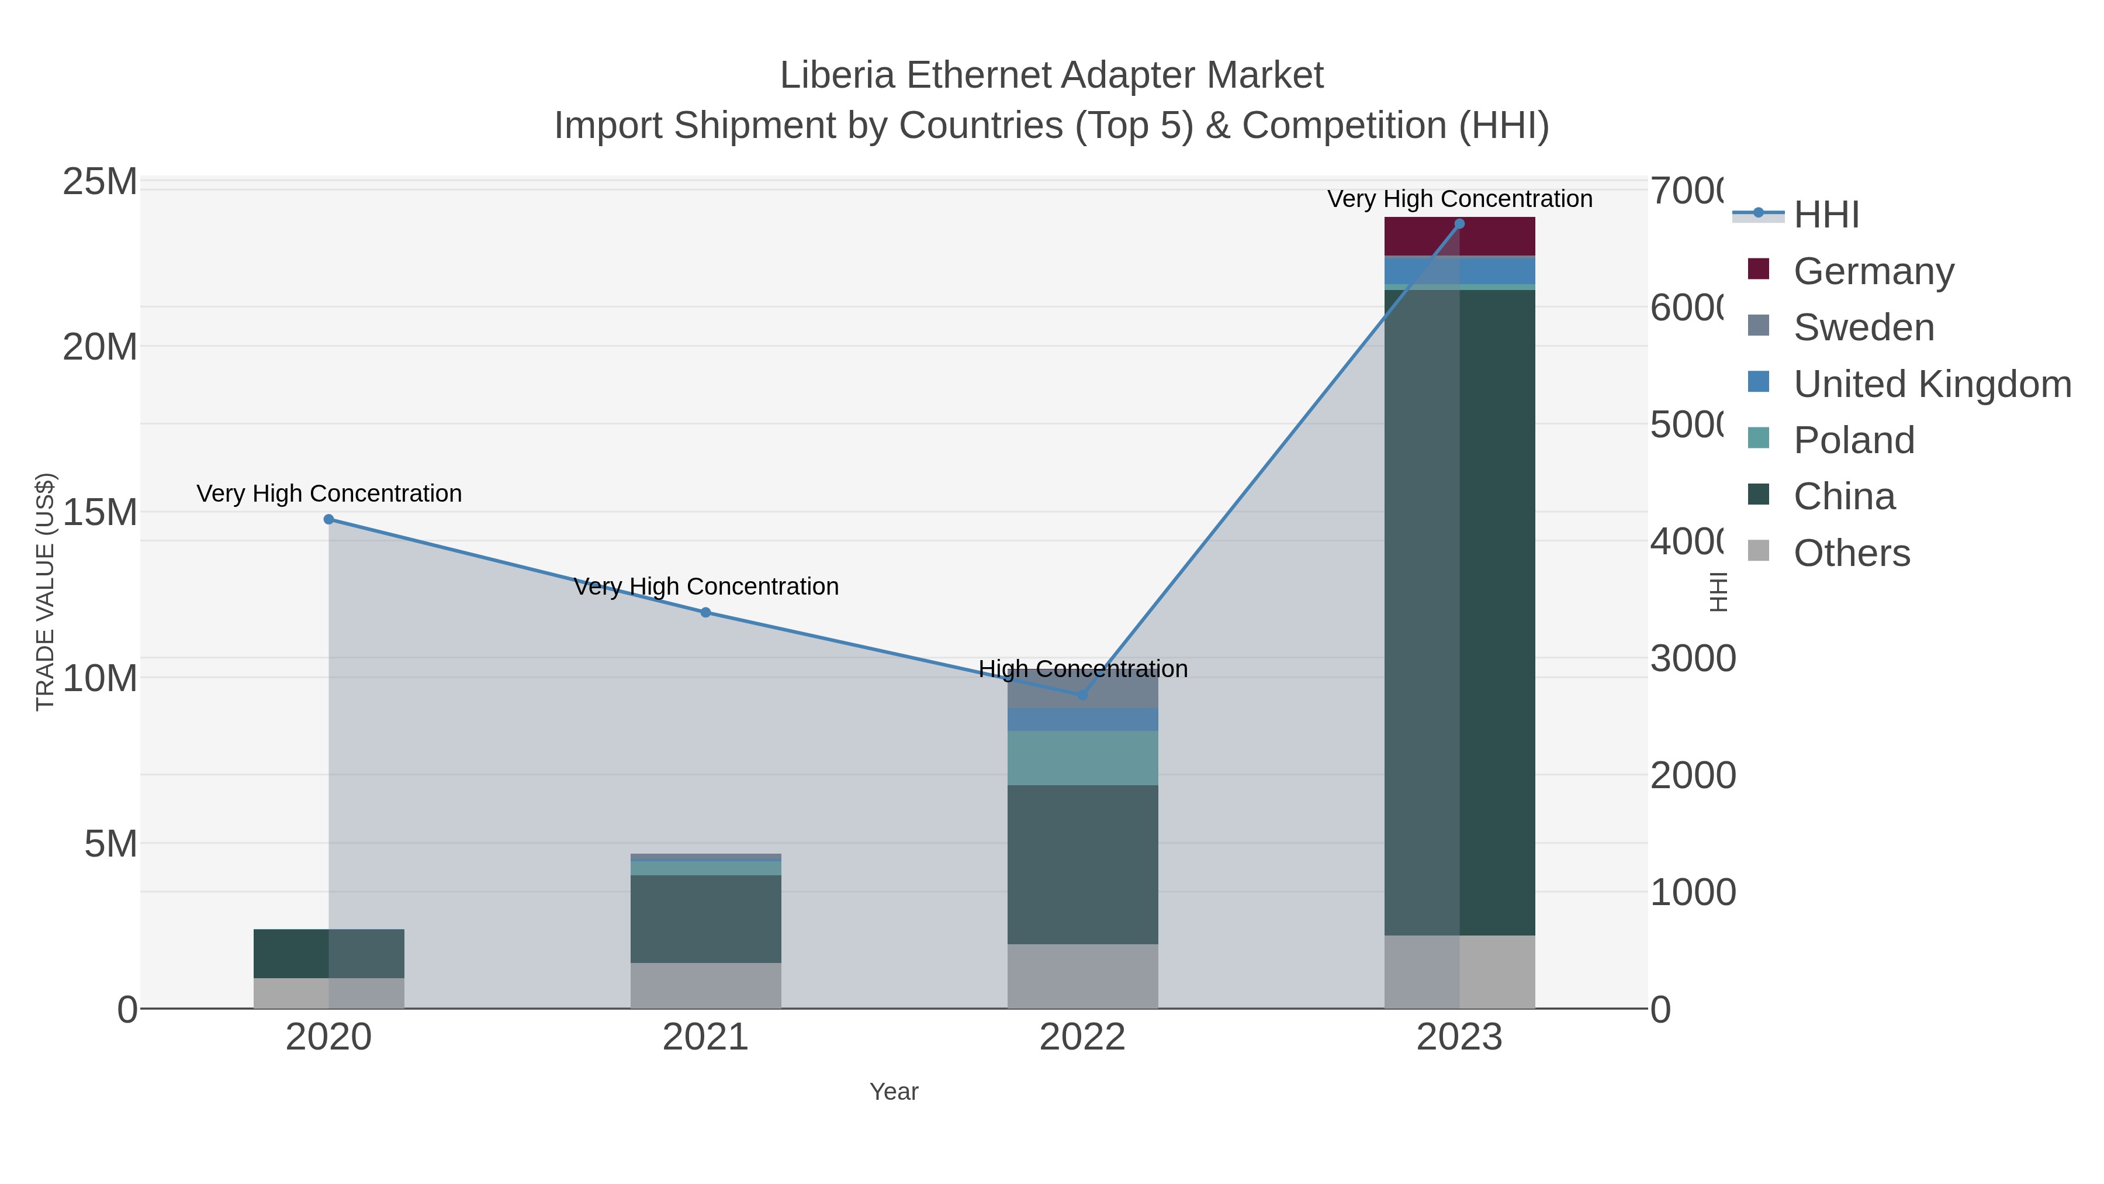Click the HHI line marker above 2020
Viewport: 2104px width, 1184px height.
(x=328, y=519)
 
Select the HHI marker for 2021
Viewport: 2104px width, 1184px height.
(x=705, y=612)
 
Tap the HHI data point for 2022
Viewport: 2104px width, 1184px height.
(x=1082, y=695)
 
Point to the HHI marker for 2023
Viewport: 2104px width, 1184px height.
(x=1459, y=224)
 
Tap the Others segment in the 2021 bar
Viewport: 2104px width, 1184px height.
(x=705, y=985)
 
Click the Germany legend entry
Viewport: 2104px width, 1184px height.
(x=1873, y=271)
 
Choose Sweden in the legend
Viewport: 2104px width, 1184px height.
(x=1863, y=327)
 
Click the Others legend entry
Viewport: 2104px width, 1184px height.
(x=1851, y=553)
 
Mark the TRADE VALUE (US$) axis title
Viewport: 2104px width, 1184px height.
(x=46, y=592)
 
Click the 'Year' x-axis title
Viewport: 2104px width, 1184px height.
(x=894, y=1092)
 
